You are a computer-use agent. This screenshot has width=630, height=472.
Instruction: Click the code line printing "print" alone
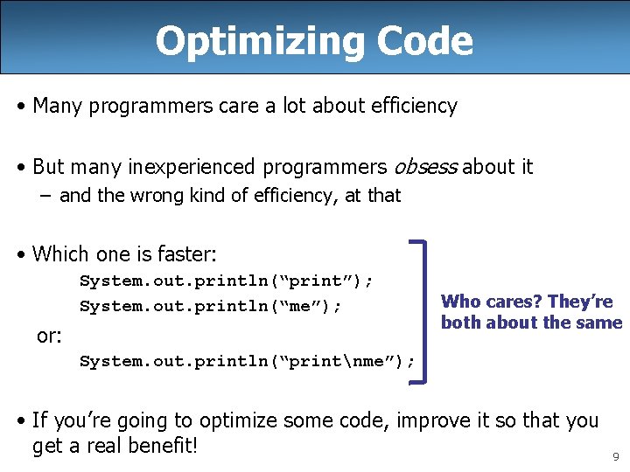(x=227, y=281)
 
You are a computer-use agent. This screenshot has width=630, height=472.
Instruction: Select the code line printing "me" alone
(x=211, y=306)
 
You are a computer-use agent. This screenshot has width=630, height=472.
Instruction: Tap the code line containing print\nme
(x=247, y=361)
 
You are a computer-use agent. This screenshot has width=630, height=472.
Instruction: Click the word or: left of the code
(x=49, y=336)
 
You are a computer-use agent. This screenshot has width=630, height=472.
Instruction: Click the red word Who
(x=461, y=302)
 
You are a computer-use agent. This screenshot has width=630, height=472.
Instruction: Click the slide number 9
(x=616, y=456)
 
